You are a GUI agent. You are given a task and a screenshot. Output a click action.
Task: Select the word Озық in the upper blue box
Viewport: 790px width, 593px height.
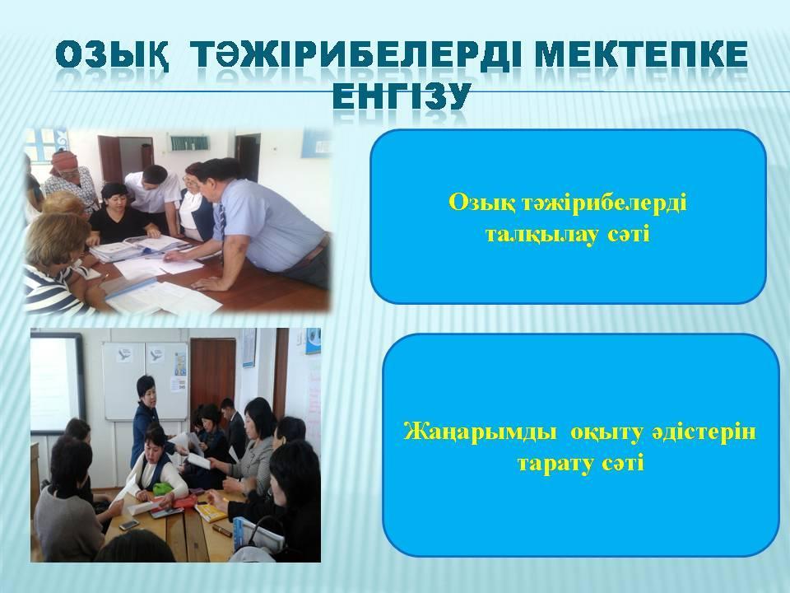481,203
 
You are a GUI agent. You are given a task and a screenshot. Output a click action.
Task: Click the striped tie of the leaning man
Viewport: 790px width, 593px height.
221,222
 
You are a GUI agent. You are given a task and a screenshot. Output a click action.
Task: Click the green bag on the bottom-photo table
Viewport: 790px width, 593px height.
162,488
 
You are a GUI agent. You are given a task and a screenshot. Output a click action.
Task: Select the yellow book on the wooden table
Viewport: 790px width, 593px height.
211,512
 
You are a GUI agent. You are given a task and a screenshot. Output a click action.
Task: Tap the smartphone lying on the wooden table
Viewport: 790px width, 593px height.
128,525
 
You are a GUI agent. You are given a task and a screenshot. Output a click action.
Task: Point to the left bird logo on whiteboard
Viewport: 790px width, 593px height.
124,354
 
